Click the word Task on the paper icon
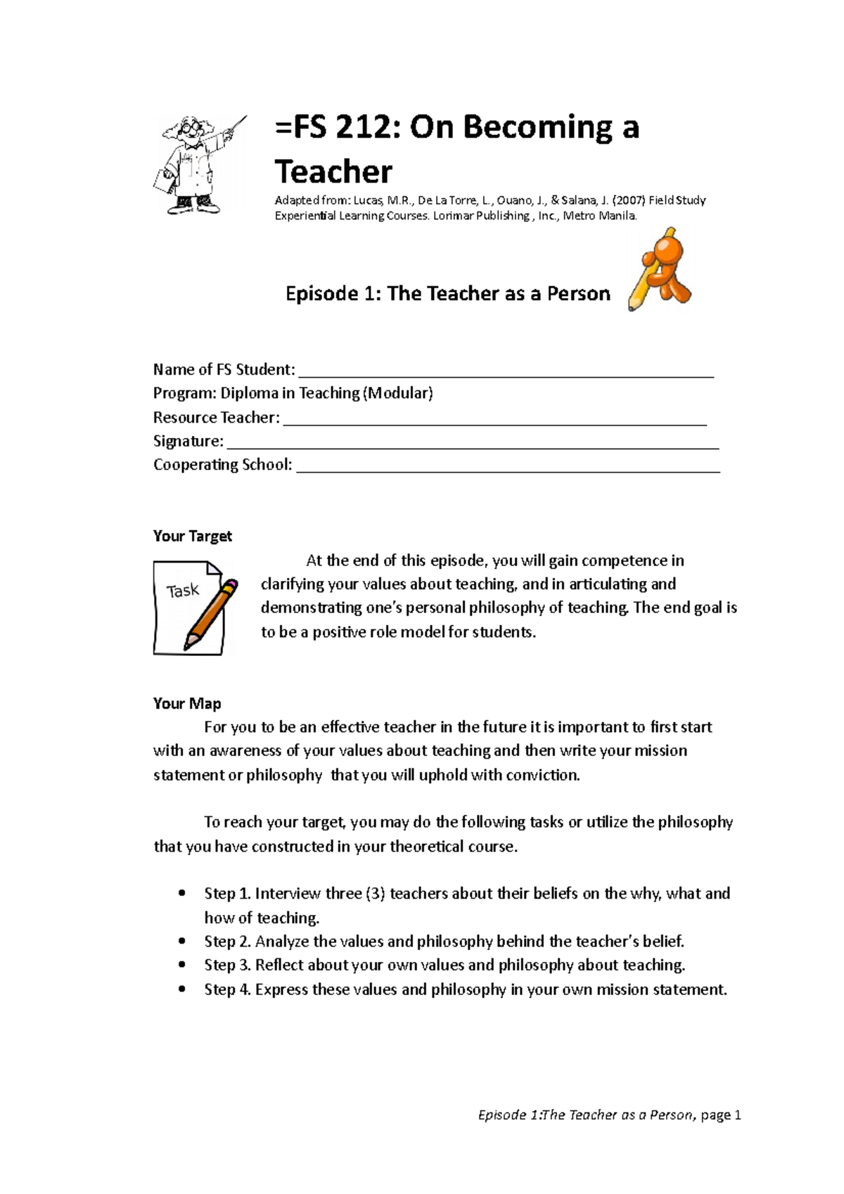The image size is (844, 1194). click(183, 591)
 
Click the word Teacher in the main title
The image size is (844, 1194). click(333, 172)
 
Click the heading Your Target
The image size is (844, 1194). click(192, 536)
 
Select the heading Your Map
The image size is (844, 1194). click(187, 703)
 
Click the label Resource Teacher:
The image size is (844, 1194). click(216, 418)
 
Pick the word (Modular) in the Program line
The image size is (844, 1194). click(398, 393)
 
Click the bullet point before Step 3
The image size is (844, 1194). click(182, 965)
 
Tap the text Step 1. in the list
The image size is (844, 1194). click(227, 894)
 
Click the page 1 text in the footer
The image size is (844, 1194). click(721, 1115)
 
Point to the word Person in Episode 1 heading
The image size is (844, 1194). click(578, 293)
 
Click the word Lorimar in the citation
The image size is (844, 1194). click(452, 216)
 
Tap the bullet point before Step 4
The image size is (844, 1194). click(182, 989)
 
